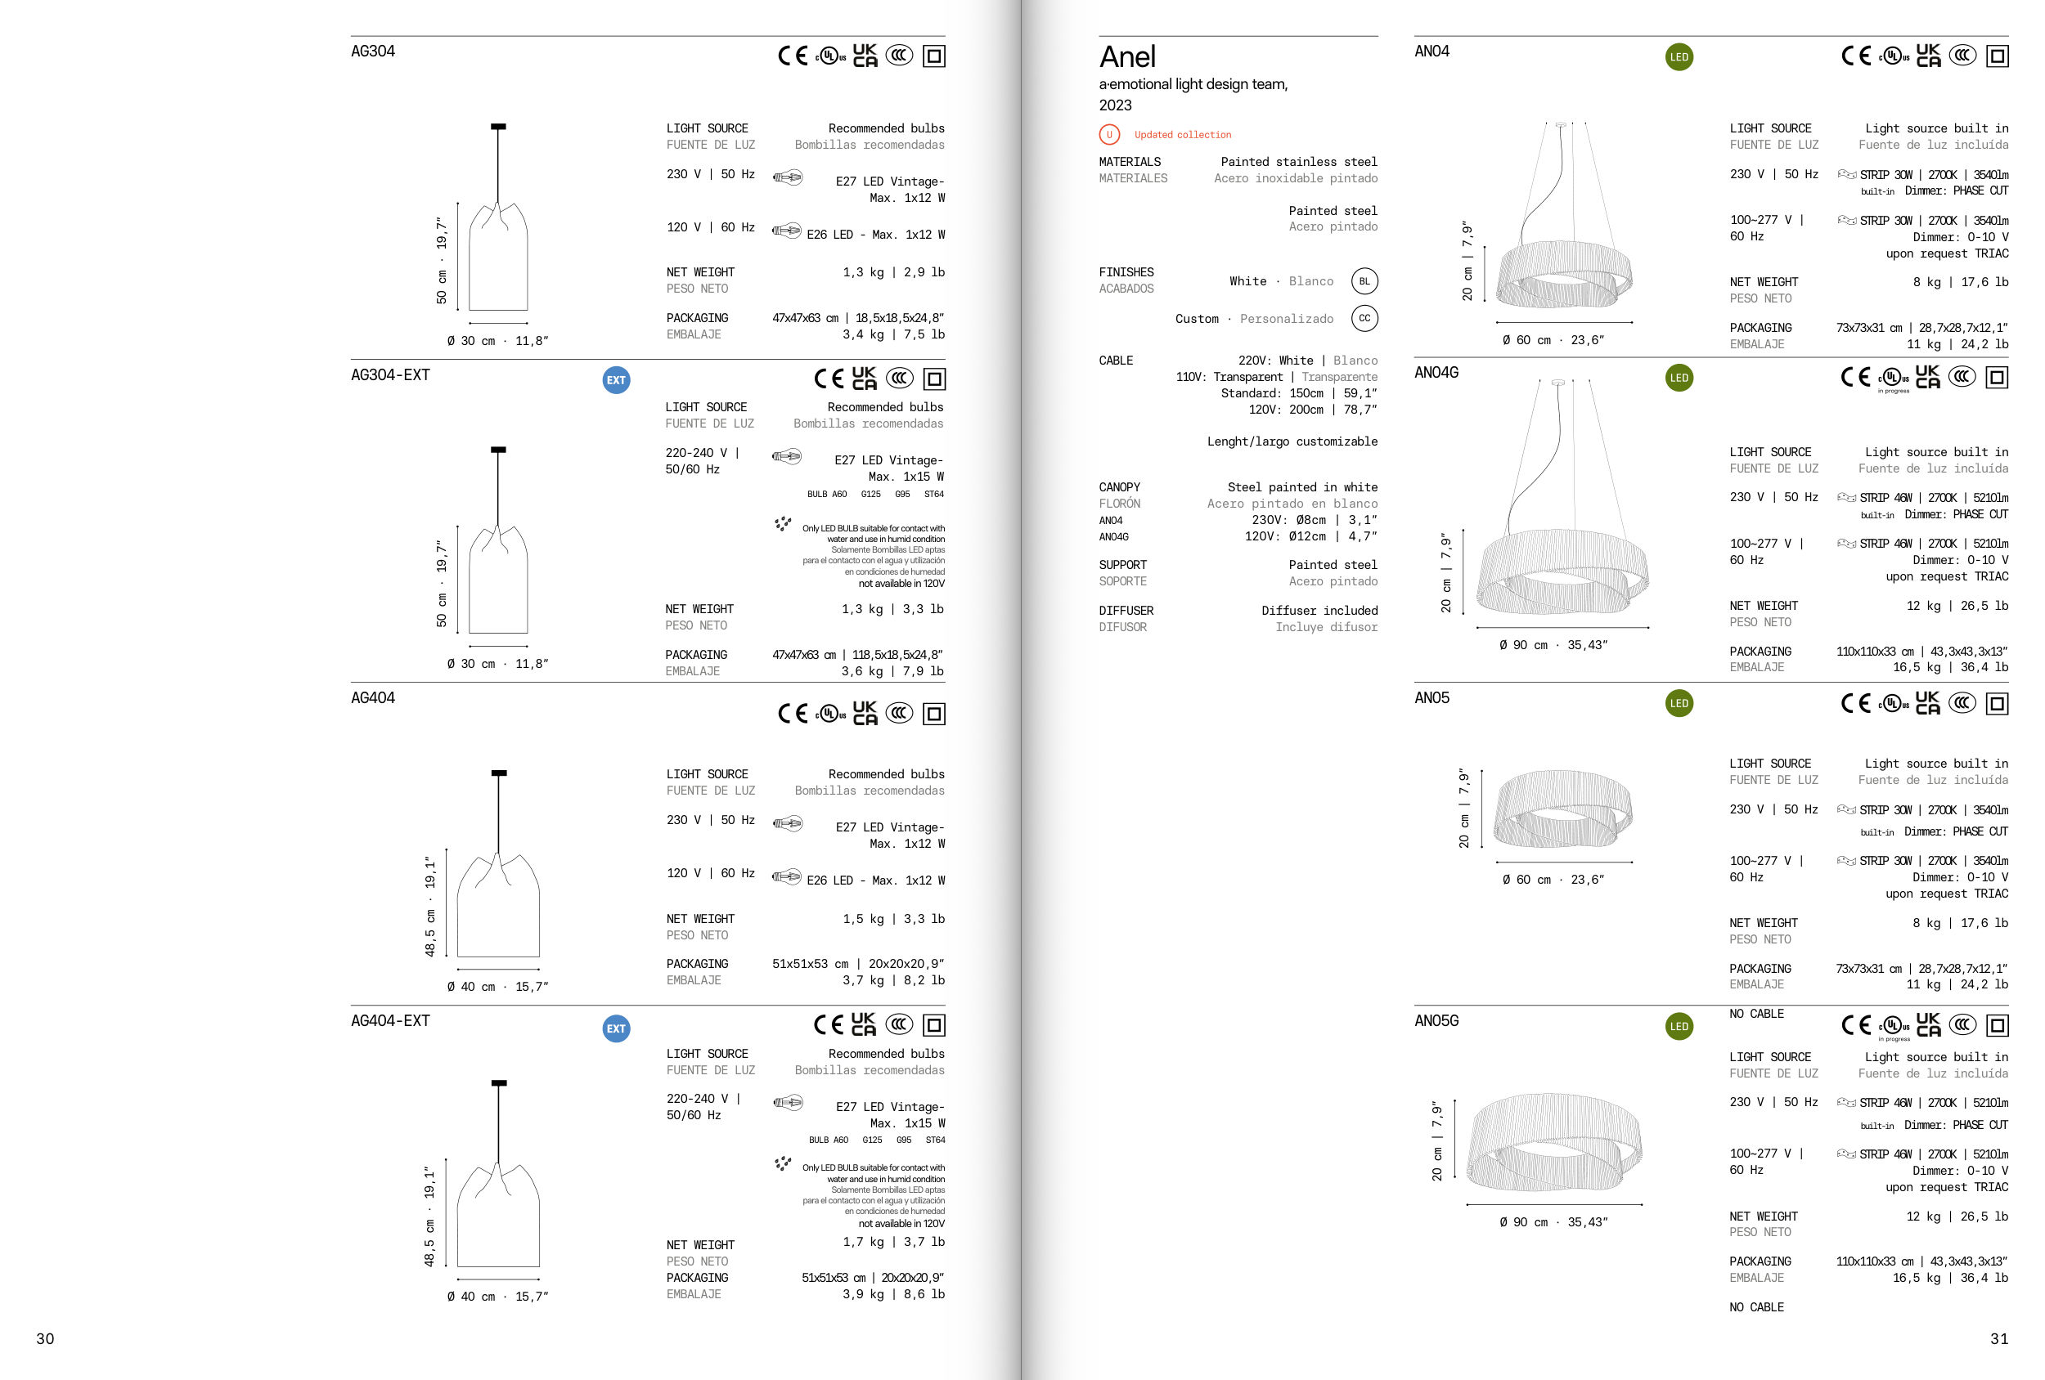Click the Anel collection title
click(1127, 57)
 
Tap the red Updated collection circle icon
click(1108, 135)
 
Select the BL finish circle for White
click(1364, 281)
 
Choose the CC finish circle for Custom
click(1364, 318)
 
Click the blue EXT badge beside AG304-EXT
click(616, 380)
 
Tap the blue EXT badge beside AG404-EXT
click(616, 1028)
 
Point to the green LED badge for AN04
click(1679, 57)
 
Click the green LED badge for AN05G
click(1679, 1027)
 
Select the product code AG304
click(373, 51)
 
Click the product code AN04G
click(1436, 373)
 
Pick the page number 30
click(45, 1338)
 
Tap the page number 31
click(1999, 1338)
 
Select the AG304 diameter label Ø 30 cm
click(471, 341)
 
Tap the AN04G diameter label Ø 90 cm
click(1523, 645)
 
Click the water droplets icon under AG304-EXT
click(782, 524)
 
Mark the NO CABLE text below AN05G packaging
click(1756, 1307)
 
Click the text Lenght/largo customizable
click(1292, 441)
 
